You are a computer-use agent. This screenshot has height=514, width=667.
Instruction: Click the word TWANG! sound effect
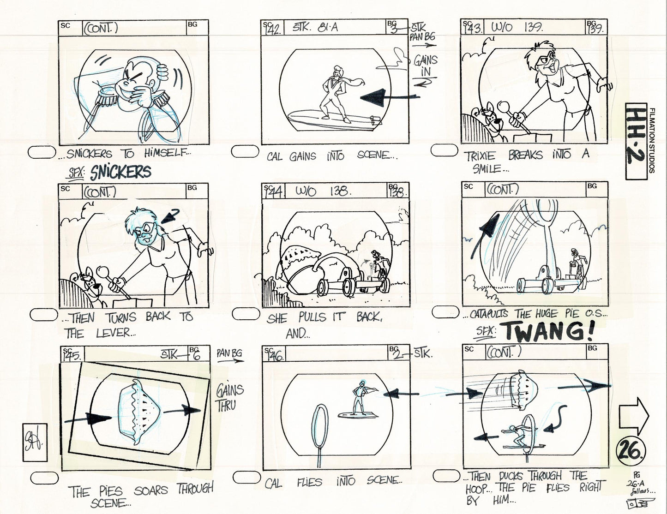pyautogui.click(x=547, y=331)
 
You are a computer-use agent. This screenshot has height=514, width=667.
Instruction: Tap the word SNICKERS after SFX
pyautogui.click(x=121, y=172)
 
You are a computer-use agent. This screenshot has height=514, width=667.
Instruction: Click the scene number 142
pyautogui.click(x=273, y=29)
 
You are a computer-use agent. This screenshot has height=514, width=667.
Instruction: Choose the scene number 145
pyautogui.click(x=72, y=355)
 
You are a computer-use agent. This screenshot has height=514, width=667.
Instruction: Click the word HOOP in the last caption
pyautogui.click(x=477, y=487)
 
